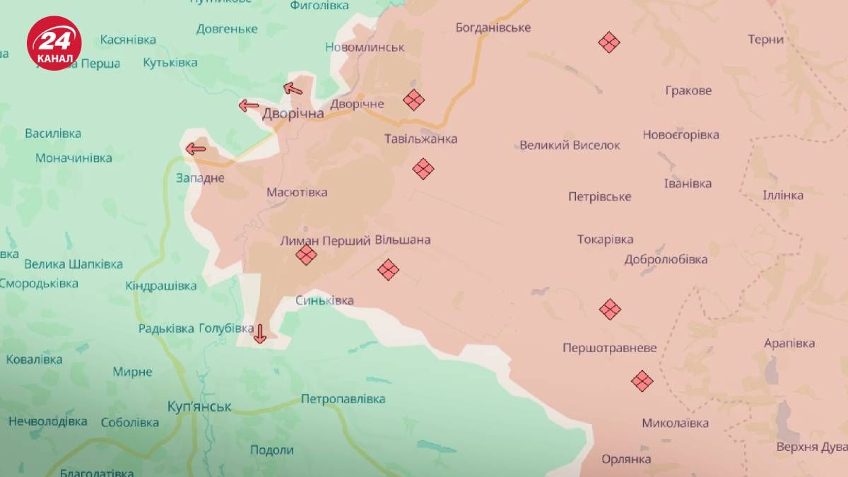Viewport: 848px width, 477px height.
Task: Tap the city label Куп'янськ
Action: coord(200,406)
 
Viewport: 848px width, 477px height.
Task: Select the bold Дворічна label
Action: coord(293,113)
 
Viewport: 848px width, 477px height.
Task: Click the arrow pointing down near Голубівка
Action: coord(259,333)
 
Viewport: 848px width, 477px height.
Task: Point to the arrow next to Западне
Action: coord(195,148)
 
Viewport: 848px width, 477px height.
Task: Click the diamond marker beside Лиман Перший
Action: coord(306,254)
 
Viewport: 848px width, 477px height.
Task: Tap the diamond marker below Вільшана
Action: coord(388,269)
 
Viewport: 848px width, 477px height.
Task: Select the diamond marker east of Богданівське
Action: coord(609,42)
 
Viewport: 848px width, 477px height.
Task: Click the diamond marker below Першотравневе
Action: coord(642,381)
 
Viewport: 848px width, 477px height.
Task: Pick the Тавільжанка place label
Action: coord(420,139)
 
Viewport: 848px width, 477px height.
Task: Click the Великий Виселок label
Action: coord(570,145)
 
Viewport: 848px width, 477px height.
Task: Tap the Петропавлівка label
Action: coord(343,399)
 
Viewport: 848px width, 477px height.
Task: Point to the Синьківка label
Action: coord(324,300)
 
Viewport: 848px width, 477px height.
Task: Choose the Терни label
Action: coord(765,40)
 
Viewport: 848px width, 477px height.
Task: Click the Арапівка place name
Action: coord(789,343)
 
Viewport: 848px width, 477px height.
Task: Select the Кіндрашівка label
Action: coord(161,285)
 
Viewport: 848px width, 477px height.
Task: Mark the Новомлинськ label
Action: coord(365,47)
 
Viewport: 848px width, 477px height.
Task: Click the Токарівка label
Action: coord(605,240)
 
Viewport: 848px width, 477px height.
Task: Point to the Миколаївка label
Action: coord(675,423)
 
